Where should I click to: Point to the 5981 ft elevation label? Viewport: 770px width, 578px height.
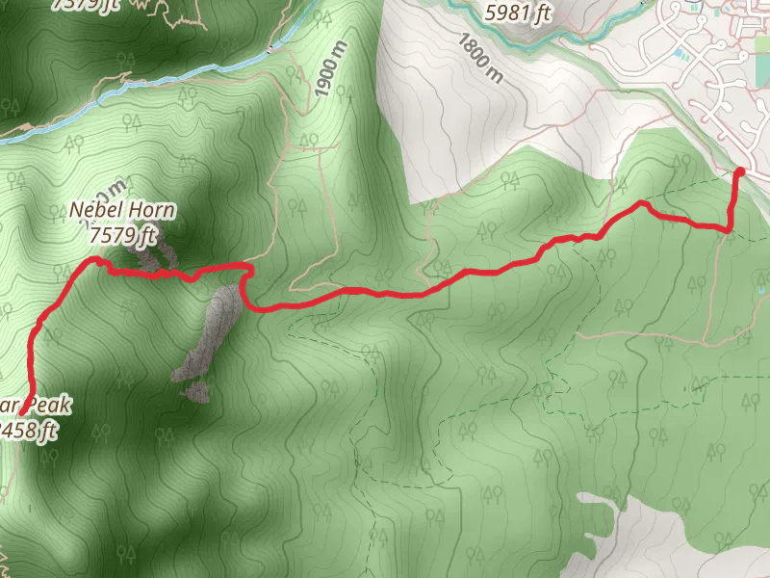coord(519,13)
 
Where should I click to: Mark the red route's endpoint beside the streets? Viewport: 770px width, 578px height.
coord(739,172)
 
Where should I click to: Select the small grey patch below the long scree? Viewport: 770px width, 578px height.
coord(197,390)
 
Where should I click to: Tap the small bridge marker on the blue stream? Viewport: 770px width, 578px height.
coord(272,46)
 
